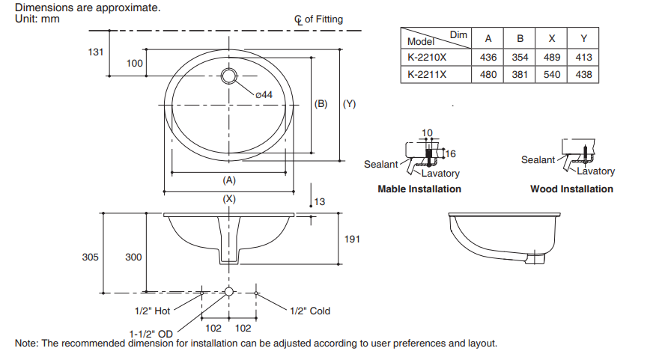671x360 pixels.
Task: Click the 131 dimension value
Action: click(x=95, y=52)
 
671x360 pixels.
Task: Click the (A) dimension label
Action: click(x=229, y=180)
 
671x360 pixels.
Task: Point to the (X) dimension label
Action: click(x=229, y=199)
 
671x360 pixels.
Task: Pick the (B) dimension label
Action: click(x=321, y=104)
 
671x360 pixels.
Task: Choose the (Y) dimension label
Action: click(x=349, y=104)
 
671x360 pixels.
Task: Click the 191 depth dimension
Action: click(x=352, y=239)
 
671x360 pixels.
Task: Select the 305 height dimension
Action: click(x=91, y=257)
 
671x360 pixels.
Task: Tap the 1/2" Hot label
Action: click(x=152, y=311)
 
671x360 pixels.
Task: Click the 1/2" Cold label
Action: click(x=309, y=311)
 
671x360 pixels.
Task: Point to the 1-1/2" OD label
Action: click(x=151, y=333)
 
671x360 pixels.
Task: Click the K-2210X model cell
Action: click(x=426, y=57)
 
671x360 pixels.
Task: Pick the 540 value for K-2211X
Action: click(x=552, y=74)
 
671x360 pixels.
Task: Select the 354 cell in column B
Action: click(x=520, y=57)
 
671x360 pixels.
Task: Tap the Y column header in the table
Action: click(x=584, y=38)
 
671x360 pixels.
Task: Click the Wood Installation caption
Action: click(x=571, y=189)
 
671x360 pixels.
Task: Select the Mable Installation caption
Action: click(x=419, y=189)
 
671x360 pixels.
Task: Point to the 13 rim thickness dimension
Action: click(x=320, y=201)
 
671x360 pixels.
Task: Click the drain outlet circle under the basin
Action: click(x=230, y=291)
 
